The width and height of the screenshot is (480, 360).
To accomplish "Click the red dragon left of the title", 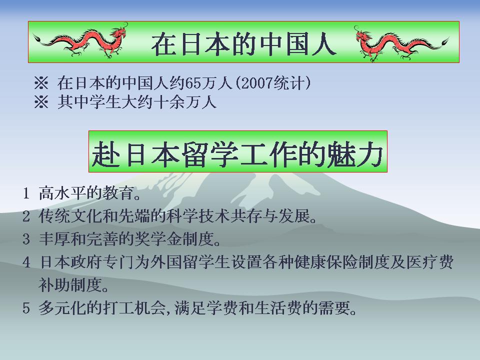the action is pyautogui.click(x=81, y=41).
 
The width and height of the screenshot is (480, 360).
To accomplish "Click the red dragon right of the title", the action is pyautogui.click(x=401, y=43).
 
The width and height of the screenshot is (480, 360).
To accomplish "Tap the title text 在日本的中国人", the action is pyautogui.click(x=243, y=44).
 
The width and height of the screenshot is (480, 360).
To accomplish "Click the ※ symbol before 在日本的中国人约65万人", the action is pyautogui.click(x=41, y=83).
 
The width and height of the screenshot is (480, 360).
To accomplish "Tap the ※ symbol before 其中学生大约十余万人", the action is pyautogui.click(x=41, y=102).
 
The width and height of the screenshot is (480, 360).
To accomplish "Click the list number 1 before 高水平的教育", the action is pyautogui.click(x=26, y=193).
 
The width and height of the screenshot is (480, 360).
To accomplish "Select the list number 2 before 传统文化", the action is pyautogui.click(x=26, y=216).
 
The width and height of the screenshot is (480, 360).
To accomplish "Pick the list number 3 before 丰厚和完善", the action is pyautogui.click(x=26, y=239).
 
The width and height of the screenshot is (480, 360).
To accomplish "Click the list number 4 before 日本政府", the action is pyautogui.click(x=26, y=262).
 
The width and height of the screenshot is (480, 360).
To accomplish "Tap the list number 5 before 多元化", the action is pyautogui.click(x=26, y=307).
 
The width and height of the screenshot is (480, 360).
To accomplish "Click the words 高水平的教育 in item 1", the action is pyautogui.click(x=86, y=193).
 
